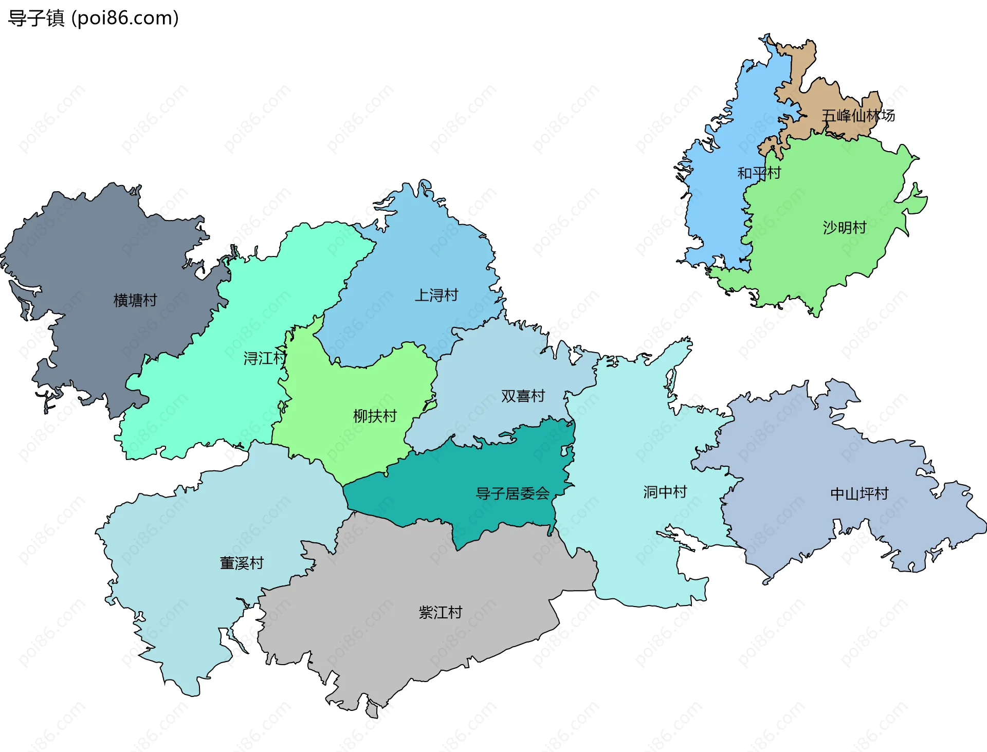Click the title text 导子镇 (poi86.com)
pos(93,18)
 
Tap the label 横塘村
pos(135,300)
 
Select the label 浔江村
pos(264,358)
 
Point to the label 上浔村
pos(436,295)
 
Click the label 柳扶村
pos(375,416)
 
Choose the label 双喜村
pos(523,396)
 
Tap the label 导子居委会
pos(513,493)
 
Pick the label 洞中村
pos(665,492)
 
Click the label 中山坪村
pos(859,493)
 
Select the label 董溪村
pos(242,563)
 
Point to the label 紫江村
pos(440,612)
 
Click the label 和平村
pos(759,173)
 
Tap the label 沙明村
pos(844,227)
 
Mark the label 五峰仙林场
pos(857,116)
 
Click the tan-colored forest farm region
pos(822,98)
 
